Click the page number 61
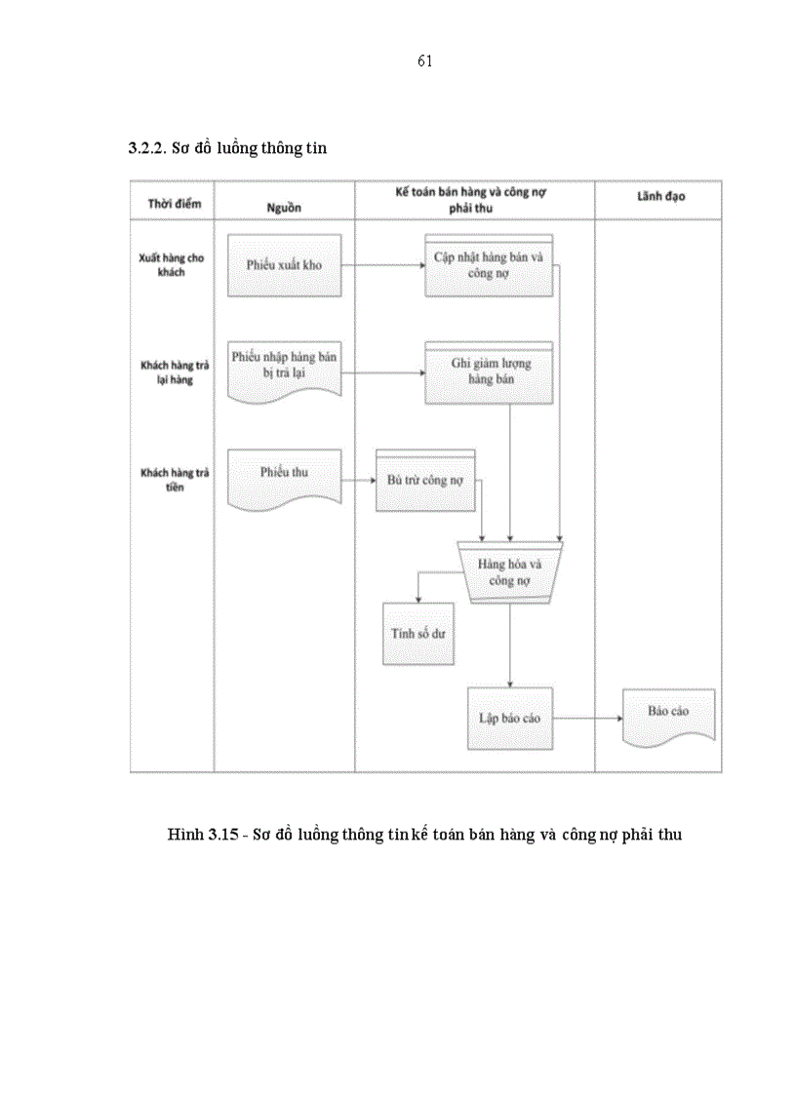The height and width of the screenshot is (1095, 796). coord(424,61)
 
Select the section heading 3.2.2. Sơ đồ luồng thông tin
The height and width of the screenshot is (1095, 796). coord(227,149)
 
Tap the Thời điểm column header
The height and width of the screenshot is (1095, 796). coord(174,203)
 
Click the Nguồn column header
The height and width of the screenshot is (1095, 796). coord(284,208)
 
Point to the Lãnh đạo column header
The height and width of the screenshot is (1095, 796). coord(660,197)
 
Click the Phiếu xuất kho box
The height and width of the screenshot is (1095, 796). coord(284,265)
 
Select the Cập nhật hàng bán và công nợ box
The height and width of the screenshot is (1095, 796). coord(489,266)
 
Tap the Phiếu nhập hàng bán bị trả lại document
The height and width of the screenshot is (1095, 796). coord(284,368)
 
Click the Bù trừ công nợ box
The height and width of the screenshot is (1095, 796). coord(425,481)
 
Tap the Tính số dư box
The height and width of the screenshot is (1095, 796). coord(418,633)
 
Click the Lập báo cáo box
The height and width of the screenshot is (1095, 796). coord(509,719)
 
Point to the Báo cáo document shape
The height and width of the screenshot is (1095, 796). coord(668,715)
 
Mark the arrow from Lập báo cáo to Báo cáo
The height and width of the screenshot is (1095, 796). coord(587,719)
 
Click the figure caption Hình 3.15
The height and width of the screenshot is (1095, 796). coord(423,836)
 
